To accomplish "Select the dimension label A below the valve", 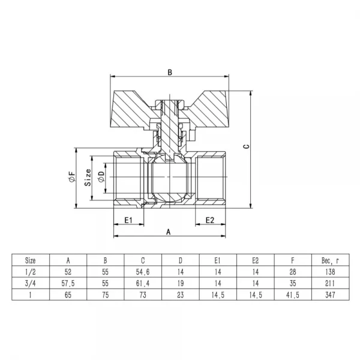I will (x=169, y=231).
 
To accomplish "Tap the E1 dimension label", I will (x=128, y=220).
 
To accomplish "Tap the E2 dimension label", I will (x=209, y=220).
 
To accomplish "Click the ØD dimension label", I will (x=101, y=178).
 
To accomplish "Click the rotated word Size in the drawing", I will (x=88, y=178).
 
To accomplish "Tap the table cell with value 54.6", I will (x=142, y=272).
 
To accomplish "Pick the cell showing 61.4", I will (x=142, y=283).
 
